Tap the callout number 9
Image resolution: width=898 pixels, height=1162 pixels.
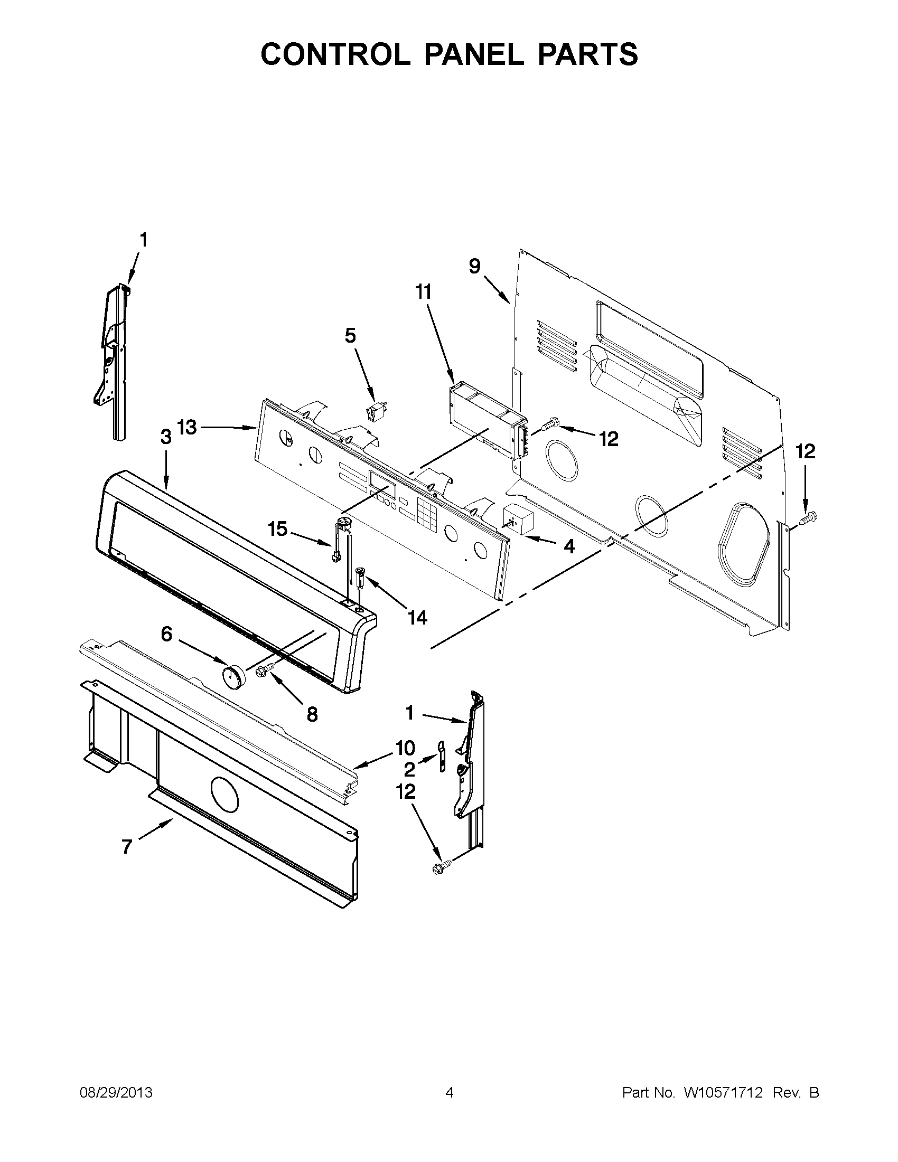coord(474,266)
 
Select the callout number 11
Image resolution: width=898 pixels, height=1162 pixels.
coord(423,292)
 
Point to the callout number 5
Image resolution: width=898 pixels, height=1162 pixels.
coord(350,336)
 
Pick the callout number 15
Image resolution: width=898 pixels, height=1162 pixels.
coord(277,528)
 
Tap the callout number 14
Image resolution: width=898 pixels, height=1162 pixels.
coord(417,617)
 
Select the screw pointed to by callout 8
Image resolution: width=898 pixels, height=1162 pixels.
coord(265,670)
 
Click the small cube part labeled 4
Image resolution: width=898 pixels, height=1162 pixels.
coord(518,518)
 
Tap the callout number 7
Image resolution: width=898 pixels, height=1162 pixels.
coord(126,846)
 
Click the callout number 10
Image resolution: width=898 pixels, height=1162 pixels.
coord(405,748)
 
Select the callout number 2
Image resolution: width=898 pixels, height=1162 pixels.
coord(409,769)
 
